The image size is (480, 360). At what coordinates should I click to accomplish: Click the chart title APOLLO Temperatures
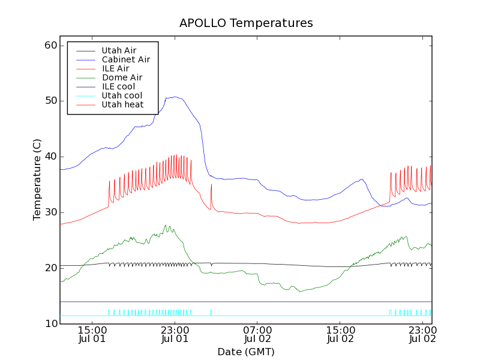coord(246,23)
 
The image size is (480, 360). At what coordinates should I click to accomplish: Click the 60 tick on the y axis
coord(50,46)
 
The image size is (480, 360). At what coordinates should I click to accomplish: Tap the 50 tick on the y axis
coord(50,101)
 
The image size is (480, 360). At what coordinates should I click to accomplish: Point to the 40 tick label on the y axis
coord(50,157)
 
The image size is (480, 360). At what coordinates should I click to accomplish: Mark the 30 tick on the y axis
coord(50,212)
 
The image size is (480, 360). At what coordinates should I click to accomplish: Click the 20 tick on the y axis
coord(50,268)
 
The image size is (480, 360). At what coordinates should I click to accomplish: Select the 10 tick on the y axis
coord(50,323)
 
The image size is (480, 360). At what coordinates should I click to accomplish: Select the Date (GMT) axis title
coord(246,352)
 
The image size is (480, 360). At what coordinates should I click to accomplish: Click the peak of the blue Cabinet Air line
coord(175,97)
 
